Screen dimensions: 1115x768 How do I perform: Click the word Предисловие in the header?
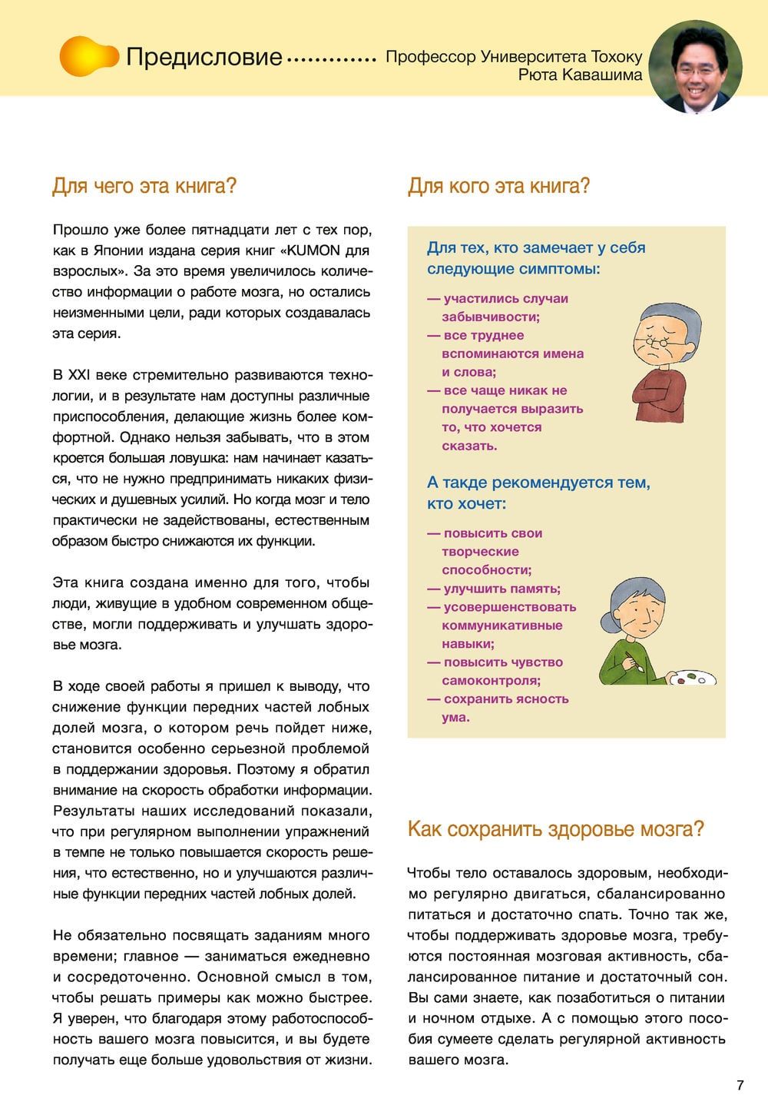click(x=204, y=57)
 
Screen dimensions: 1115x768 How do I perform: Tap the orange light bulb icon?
click(x=88, y=56)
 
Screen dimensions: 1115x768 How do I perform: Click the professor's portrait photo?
click(x=696, y=66)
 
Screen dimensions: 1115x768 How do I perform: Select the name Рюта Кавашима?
click(x=580, y=75)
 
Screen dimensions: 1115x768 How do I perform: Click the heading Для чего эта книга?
click(x=144, y=186)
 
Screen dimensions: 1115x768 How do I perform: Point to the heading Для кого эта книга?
click(x=498, y=186)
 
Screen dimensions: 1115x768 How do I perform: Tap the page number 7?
click(x=740, y=1086)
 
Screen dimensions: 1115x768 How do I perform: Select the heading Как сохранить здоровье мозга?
click(x=555, y=829)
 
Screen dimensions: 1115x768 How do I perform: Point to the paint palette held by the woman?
click(x=692, y=678)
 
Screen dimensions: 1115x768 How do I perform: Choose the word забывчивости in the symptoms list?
click(x=491, y=317)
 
